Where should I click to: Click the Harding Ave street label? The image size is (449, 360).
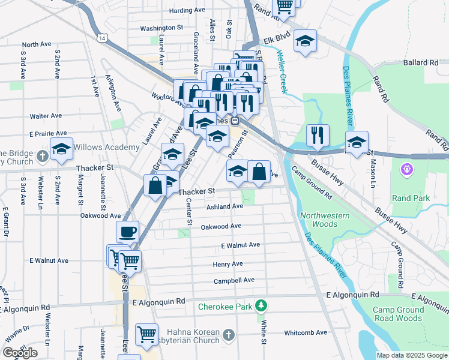pos(188,11)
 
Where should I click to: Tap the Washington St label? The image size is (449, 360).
pos(161,28)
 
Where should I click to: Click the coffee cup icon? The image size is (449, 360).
pos(127,232)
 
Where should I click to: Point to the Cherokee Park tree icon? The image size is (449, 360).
pos(261,306)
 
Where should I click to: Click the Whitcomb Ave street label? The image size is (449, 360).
pos(306,332)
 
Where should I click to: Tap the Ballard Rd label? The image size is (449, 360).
pos(421,62)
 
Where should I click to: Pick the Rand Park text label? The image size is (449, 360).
pos(408,197)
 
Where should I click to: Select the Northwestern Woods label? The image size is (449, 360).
pos(319,220)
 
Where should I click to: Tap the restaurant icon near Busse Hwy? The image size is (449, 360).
pos(318,134)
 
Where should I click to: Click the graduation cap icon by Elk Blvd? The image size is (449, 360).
pos(306,41)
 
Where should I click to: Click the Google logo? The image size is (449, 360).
pos(20,353)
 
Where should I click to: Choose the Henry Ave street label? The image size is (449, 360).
pos(228,265)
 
